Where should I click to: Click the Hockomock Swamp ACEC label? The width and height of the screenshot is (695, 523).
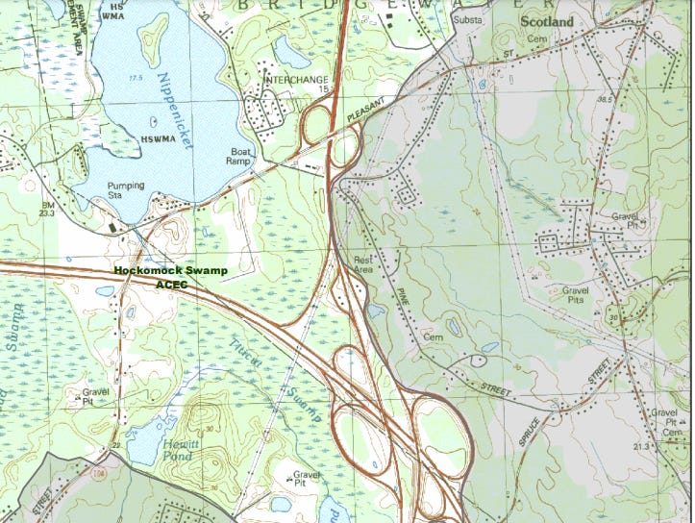click(x=170, y=278)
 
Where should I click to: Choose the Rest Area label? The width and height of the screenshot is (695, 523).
click(x=363, y=263)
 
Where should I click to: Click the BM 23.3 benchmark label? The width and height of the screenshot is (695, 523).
click(x=48, y=211)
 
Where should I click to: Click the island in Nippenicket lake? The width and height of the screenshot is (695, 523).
click(x=153, y=40)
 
